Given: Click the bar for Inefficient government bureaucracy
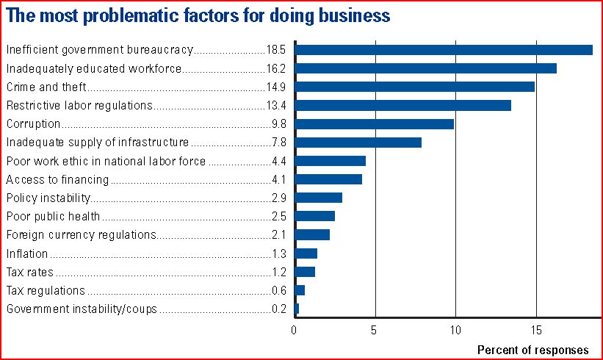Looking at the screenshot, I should pos(443,50).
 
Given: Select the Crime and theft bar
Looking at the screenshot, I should pos(414,87).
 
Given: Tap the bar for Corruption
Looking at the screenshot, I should pos(374,124).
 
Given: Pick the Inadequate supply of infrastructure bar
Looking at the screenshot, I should pos(358,143).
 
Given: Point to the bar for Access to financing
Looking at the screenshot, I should pos(328,179).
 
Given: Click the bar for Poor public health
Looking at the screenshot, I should pos(314,216).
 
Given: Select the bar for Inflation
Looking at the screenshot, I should pos(306,253).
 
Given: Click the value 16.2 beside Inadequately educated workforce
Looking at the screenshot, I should pos(277,68).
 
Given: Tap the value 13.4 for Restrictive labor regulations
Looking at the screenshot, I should pos(277,105).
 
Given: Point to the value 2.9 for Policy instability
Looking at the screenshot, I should pos(279,198).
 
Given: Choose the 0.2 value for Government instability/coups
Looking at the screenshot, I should pos(279,309).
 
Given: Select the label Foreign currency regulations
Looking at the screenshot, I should pos(82,235).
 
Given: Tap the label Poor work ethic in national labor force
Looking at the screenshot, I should pos(106,161).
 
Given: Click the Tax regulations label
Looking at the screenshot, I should pos(46,290).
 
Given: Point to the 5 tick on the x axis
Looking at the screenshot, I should pos(375,330).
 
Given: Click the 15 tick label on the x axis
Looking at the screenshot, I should pos(535,330).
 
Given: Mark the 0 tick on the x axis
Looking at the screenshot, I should pos(294,330).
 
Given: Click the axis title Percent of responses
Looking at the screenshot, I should pos(532,349).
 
